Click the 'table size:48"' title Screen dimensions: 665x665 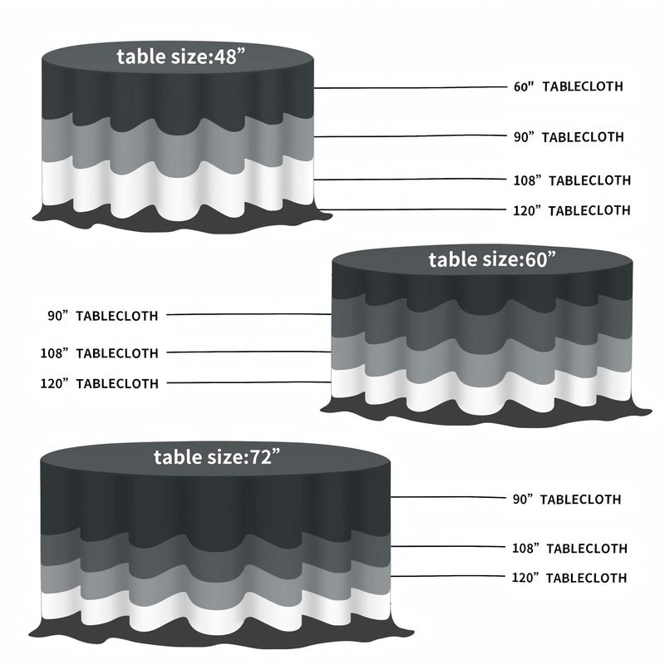tap(178, 57)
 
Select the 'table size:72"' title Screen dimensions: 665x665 tap(219, 456)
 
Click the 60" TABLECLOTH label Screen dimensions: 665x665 tap(568, 86)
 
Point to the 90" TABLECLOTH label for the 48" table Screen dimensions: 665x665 tap(569, 136)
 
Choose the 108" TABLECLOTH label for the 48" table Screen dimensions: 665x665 tap(572, 180)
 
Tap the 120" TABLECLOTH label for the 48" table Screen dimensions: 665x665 tap(572, 210)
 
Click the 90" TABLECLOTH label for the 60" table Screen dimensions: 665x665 tap(102, 315)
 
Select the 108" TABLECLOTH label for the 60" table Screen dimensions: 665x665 tap(99, 352)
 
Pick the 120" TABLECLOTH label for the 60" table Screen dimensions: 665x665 tap(99, 383)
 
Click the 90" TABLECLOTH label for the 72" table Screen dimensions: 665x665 tap(567, 500)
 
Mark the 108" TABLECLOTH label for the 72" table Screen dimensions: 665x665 tap(569, 548)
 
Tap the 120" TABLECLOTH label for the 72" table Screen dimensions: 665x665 tap(569, 578)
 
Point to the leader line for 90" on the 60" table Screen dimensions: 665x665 tap(249, 314)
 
